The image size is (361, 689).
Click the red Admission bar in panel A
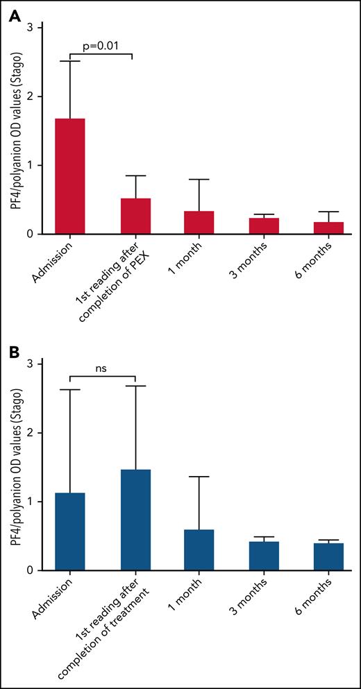click(x=70, y=176)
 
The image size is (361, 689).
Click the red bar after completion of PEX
click(x=135, y=216)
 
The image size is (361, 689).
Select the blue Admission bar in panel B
click(x=70, y=531)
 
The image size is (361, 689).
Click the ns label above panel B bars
click(x=103, y=370)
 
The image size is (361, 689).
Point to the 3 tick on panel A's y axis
click(x=31, y=27)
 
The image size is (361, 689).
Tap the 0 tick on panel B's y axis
click(x=31, y=570)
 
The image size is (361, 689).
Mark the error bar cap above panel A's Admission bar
click(x=70, y=61)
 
